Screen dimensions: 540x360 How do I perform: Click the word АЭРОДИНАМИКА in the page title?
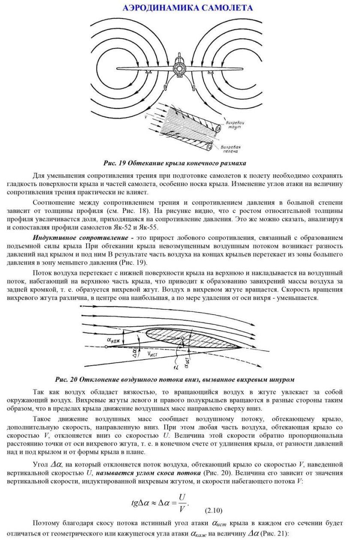(x=154, y=8)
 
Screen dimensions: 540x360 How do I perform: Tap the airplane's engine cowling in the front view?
(x=178, y=68)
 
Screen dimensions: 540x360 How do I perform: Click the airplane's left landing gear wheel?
(x=149, y=72)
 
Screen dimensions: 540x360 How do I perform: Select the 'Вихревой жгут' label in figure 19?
(x=234, y=124)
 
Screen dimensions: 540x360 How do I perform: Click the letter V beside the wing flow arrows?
(x=147, y=116)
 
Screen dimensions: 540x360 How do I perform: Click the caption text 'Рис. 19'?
(x=114, y=163)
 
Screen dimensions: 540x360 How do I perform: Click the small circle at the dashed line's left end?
(x=105, y=347)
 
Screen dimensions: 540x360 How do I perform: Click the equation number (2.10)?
(x=213, y=510)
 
